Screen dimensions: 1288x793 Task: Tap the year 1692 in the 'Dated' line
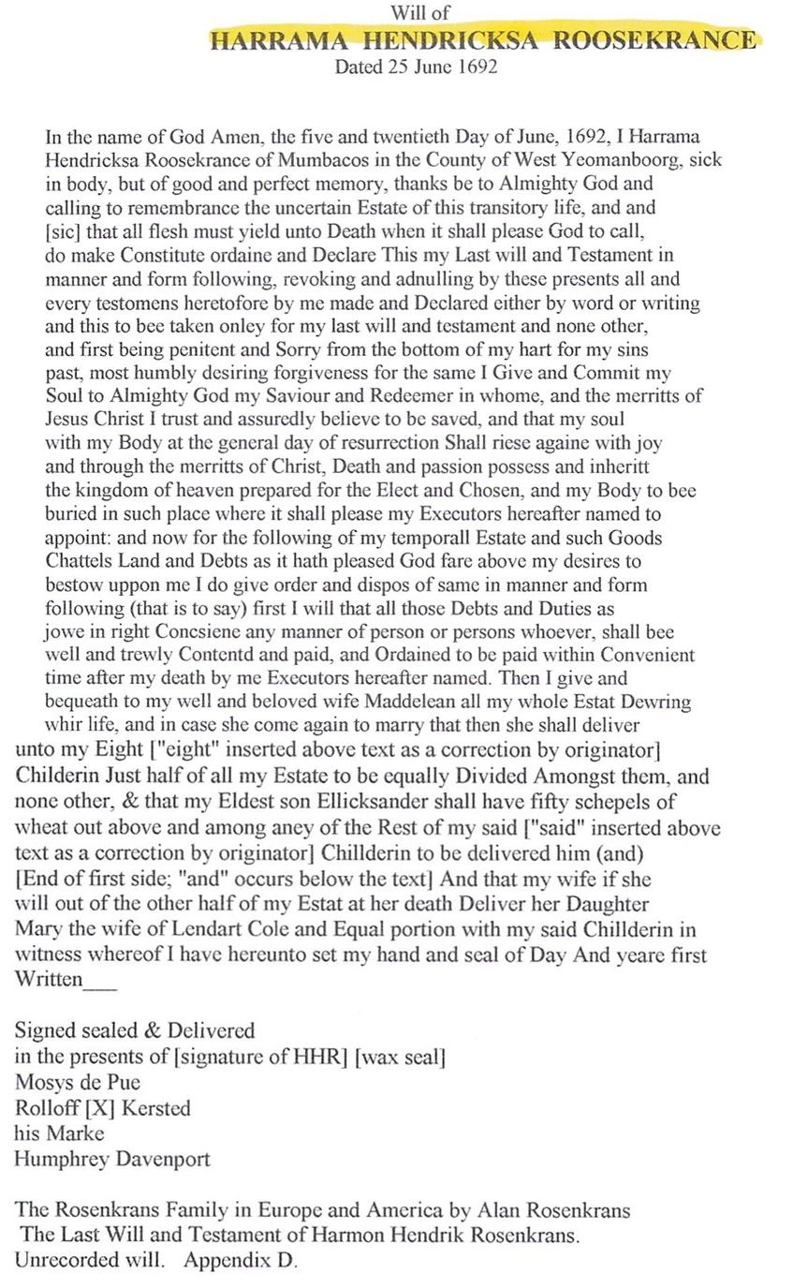coord(476,67)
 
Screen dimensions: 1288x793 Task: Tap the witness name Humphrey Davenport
coord(111,1159)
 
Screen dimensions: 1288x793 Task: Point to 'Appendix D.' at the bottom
coord(241,1261)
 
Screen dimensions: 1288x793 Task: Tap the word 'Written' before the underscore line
coord(49,981)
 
